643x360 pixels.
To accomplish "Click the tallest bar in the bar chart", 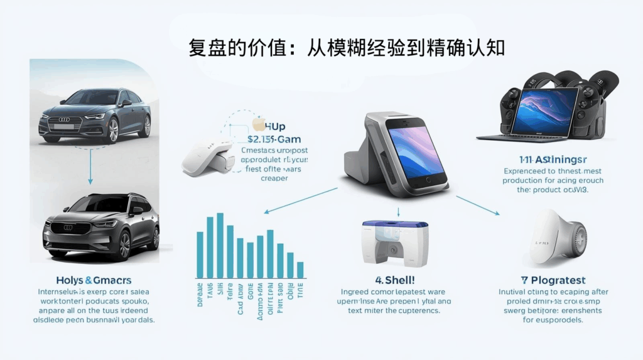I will click(x=220, y=245).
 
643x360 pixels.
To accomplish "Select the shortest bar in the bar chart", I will click(x=300, y=270).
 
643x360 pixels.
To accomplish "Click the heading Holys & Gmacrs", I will click(x=94, y=280).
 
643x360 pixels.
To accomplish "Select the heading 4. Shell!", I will click(x=395, y=280).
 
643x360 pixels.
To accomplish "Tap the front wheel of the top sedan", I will click(x=114, y=130).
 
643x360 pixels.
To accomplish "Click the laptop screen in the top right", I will click(x=544, y=112).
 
